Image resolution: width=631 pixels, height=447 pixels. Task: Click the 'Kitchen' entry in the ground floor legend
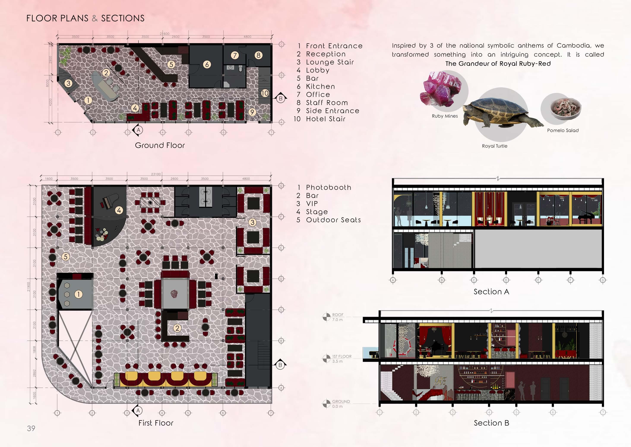point(320,87)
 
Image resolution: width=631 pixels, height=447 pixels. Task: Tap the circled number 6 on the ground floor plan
point(207,64)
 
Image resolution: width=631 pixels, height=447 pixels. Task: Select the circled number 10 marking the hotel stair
point(265,93)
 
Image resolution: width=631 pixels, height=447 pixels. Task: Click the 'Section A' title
point(491,292)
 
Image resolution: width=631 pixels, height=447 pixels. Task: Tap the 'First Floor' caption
point(156,423)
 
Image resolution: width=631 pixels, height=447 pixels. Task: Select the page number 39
point(31,428)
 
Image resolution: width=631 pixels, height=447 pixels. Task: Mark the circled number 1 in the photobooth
point(78,294)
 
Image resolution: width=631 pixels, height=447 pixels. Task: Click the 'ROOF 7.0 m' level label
point(337,317)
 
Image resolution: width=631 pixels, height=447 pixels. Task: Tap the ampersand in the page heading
point(95,18)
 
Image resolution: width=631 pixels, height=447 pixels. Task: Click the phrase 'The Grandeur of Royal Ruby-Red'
point(498,64)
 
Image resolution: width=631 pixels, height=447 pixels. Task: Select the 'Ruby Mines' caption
point(445,116)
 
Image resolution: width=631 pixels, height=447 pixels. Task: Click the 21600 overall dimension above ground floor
point(165,34)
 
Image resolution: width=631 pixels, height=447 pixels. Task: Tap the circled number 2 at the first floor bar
point(177,328)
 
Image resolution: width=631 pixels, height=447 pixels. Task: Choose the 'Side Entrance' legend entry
point(332,111)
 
